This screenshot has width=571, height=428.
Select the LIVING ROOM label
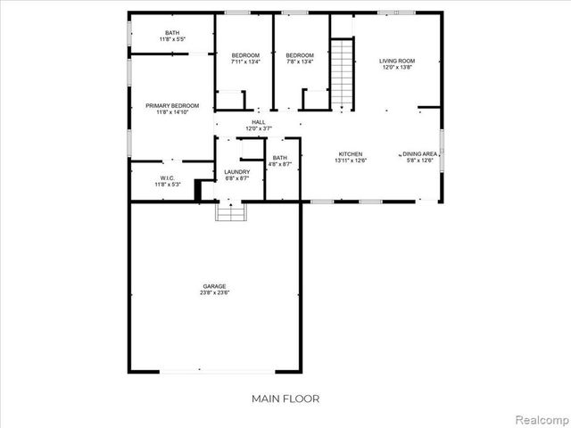coord(397,61)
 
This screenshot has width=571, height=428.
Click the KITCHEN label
coord(349,153)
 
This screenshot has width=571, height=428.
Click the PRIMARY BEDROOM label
coord(172,105)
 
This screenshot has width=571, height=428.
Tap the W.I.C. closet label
coord(168,178)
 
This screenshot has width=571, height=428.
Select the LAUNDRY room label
coord(236,171)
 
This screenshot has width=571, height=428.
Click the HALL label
coord(258,122)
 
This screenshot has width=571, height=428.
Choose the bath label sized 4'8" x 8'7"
coord(280,161)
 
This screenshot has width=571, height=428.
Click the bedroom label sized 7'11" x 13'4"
coord(245,58)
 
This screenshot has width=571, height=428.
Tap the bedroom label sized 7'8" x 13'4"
coord(301,58)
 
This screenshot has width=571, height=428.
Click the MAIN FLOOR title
coord(285,399)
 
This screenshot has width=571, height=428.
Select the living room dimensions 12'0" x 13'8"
coord(397,68)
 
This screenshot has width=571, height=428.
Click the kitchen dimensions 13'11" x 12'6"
coord(349,160)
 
